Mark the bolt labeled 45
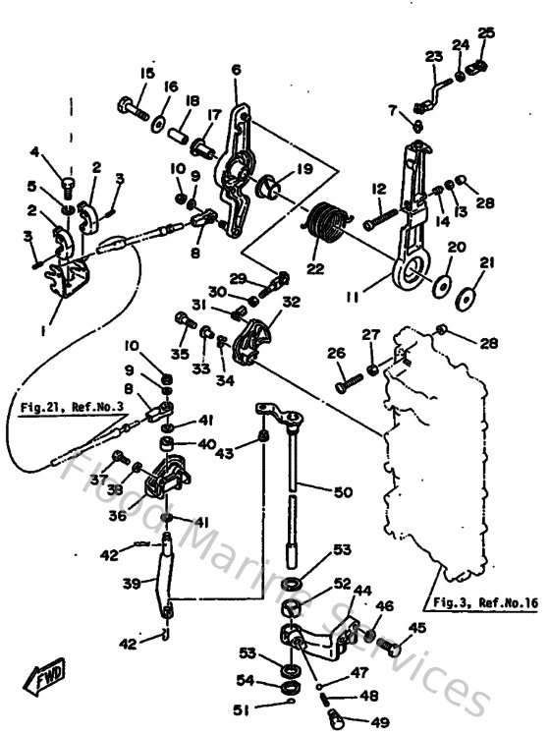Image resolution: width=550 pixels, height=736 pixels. tap(394, 650)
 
